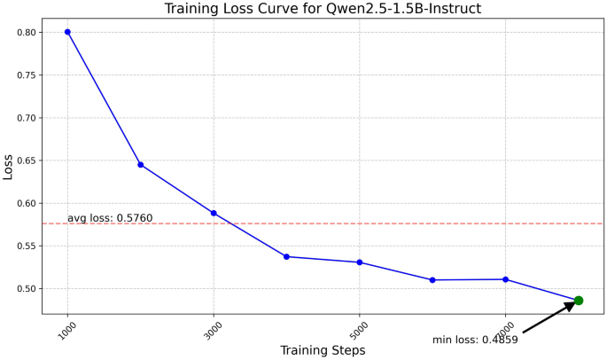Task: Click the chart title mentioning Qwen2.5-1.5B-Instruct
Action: click(x=323, y=9)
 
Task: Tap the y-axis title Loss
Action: click(x=8, y=166)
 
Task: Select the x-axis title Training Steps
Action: click(x=323, y=350)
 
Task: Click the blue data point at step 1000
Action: click(x=67, y=32)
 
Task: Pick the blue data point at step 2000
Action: click(x=140, y=165)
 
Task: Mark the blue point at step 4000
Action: click(x=286, y=256)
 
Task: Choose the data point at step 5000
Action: click(x=359, y=262)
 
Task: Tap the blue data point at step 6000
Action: click(x=432, y=280)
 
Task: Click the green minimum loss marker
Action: click(x=579, y=301)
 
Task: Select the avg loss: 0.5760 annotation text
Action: click(x=122, y=218)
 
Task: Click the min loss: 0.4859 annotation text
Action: click(x=475, y=340)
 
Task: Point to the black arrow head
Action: click(x=569, y=306)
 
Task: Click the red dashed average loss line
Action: click(x=354, y=223)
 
